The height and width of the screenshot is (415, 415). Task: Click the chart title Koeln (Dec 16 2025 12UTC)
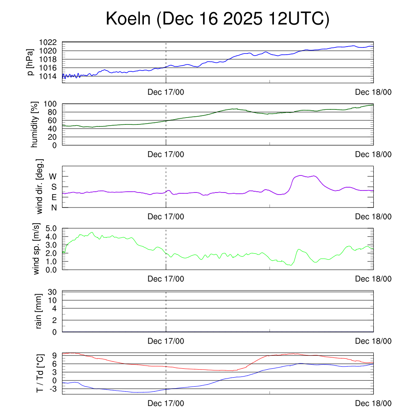coord(217,19)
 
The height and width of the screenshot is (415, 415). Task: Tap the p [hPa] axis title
coord(30,62)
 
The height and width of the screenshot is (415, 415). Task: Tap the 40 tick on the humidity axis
coord(54,128)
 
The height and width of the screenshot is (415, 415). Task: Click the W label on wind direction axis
coord(53,176)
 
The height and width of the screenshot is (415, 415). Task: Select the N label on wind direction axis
coord(54,207)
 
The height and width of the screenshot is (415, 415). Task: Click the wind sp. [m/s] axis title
coord(37,248)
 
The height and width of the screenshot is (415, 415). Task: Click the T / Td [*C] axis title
coord(39,373)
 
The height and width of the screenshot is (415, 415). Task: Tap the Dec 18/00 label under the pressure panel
coord(373,92)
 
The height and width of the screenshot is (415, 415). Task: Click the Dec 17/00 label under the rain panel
coord(166,341)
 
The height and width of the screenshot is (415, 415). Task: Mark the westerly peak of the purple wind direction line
coord(301,175)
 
